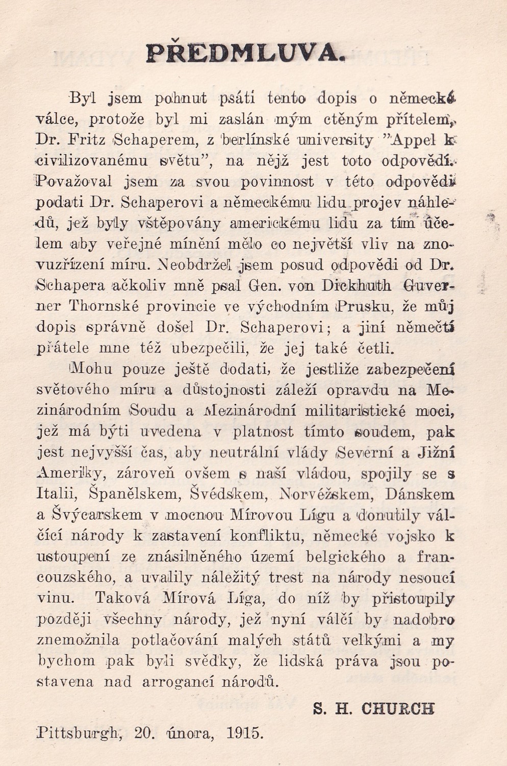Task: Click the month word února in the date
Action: [x=187, y=733]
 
